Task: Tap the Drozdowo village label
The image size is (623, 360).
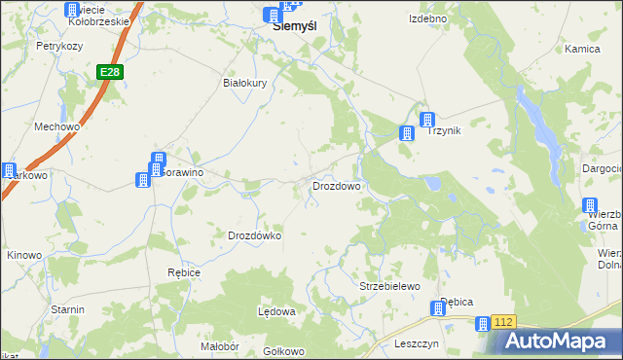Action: click(337, 185)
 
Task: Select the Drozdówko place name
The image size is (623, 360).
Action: click(254, 235)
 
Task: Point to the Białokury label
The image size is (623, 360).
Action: click(245, 84)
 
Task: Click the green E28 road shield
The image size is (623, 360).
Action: click(109, 73)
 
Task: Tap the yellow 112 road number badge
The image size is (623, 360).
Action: click(502, 321)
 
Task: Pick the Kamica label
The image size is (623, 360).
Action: click(582, 49)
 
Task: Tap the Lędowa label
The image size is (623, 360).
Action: click(275, 311)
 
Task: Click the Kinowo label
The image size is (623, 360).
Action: click(24, 256)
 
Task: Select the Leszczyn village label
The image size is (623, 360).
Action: click(417, 343)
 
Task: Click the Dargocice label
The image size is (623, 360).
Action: click(603, 168)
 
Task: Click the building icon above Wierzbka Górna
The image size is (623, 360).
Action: click(590, 205)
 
